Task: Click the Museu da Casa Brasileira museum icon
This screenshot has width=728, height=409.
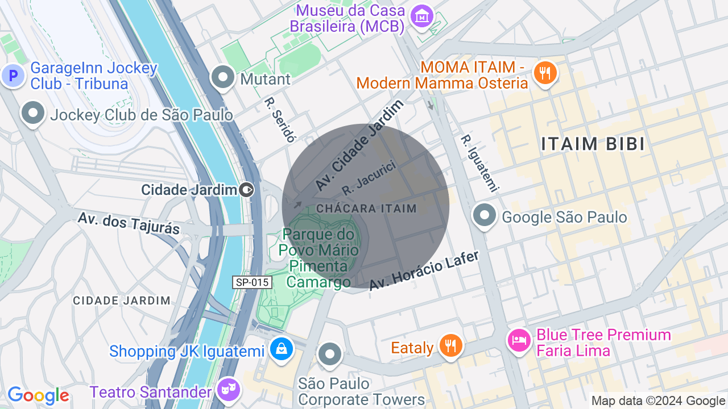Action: (422, 17)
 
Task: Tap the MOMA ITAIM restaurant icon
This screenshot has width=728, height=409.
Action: (545, 72)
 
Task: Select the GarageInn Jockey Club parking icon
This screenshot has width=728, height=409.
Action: (12, 75)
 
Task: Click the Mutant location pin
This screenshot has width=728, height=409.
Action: (222, 77)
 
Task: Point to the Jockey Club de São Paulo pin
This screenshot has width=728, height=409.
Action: (33, 113)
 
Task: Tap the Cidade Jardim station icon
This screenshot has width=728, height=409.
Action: (247, 189)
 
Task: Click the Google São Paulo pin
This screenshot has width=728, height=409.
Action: (485, 216)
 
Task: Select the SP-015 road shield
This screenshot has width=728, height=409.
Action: (252, 282)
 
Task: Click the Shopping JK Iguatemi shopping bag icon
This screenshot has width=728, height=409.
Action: (282, 349)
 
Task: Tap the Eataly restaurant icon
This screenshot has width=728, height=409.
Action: (450, 345)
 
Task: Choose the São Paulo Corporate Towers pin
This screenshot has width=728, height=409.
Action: (330, 353)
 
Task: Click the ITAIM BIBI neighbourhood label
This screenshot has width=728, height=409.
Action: (593, 144)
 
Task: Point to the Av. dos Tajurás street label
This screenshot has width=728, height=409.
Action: (129, 223)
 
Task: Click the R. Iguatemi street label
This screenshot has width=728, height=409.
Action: (479, 163)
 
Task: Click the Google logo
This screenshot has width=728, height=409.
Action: (38, 395)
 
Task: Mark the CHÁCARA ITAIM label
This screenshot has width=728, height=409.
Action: (366, 208)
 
